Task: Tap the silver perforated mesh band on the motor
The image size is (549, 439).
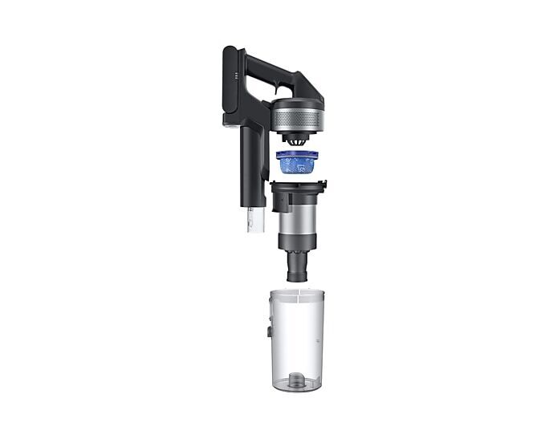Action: [x=297, y=121]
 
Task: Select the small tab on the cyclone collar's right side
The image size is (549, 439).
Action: [x=324, y=187]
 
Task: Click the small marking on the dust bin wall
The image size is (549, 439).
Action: [x=319, y=341]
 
